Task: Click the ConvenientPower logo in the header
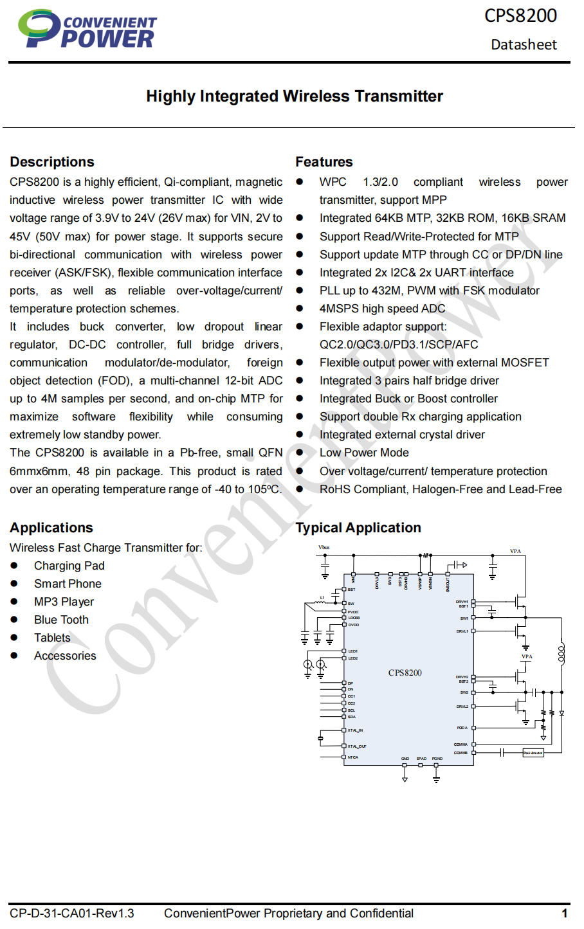click(x=87, y=30)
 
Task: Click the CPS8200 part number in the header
click(x=520, y=15)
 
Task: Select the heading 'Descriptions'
click(x=52, y=162)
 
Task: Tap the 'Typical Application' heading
click(x=358, y=528)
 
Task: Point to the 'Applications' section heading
click(x=51, y=528)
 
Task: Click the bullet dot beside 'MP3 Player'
click(x=14, y=602)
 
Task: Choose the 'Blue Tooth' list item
click(x=61, y=620)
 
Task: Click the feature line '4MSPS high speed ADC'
click(x=382, y=309)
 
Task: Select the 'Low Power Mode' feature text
click(x=364, y=453)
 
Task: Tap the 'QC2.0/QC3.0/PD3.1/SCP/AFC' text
click(x=399, y=345)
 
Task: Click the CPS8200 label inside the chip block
click(x=405, y=673)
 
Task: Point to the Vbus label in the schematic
click(x=324, y=548)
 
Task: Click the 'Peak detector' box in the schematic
click(x=533, y=752)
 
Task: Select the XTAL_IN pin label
click(x=355, y=730)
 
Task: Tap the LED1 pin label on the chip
click(x=353, y=651)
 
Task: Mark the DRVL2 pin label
click(x=462, y=707)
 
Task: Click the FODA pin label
click(x=462, y=728)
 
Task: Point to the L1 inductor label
click(x=322, y=598)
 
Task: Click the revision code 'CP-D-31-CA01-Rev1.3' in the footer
click(x=72, y=914)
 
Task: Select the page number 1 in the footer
click(x=564, y=914)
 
